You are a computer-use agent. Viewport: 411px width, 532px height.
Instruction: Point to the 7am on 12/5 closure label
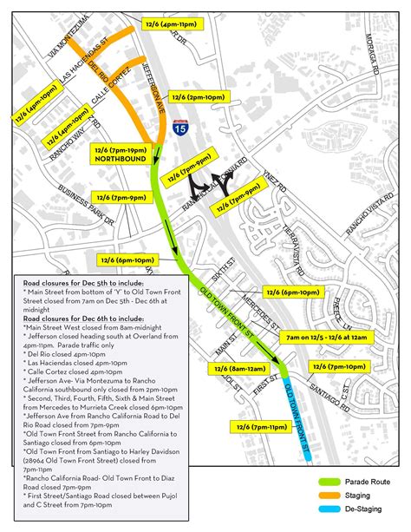click(328, 334)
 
